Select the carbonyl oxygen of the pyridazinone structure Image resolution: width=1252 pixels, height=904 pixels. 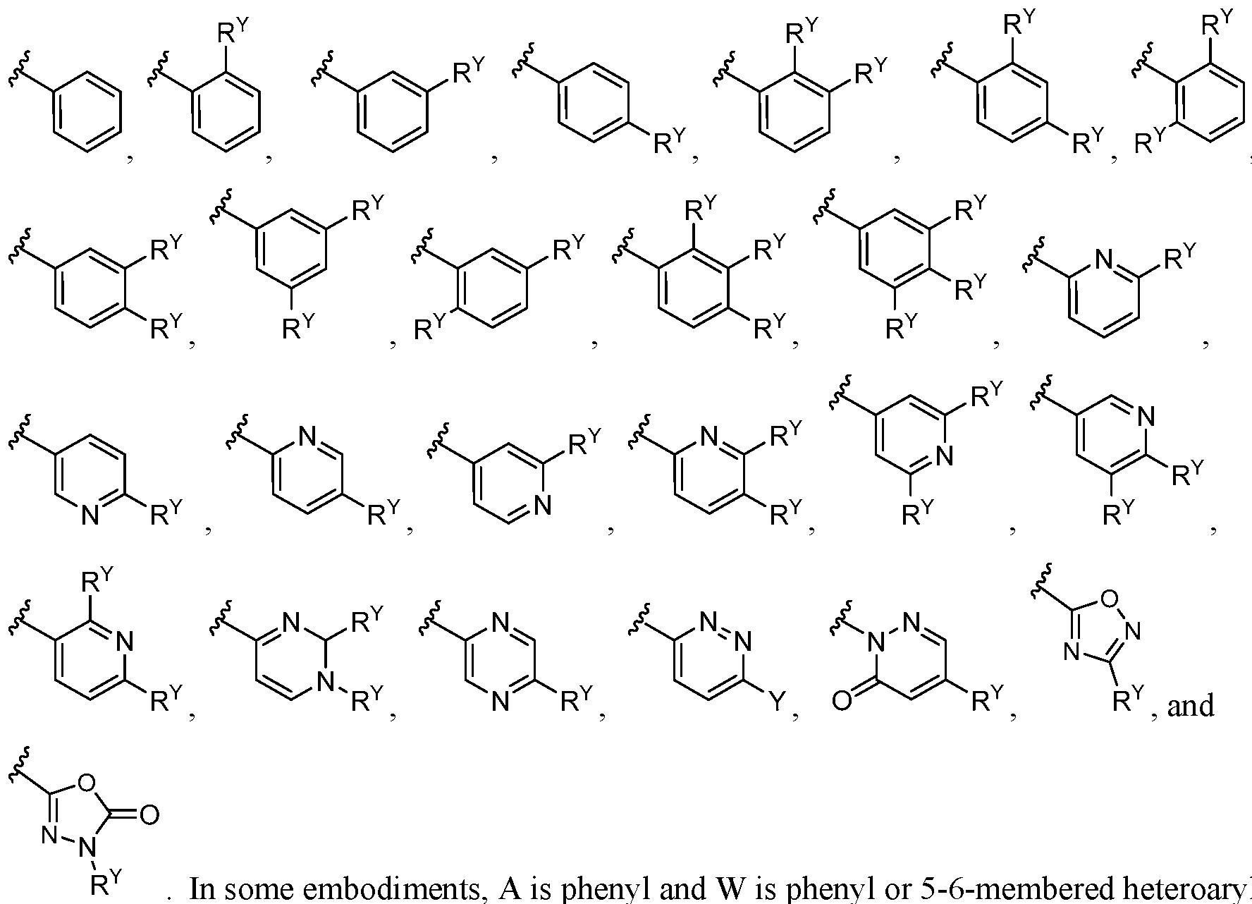point(841,701)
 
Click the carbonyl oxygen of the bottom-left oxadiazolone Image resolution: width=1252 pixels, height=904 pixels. point(149,816)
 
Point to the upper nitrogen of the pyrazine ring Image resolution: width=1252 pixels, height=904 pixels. point(500,622)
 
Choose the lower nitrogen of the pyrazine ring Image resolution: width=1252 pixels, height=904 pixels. point(500,701)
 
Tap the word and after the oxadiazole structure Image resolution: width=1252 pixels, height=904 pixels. point(1191,704)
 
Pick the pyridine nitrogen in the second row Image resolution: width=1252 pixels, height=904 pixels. point(1105,262)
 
